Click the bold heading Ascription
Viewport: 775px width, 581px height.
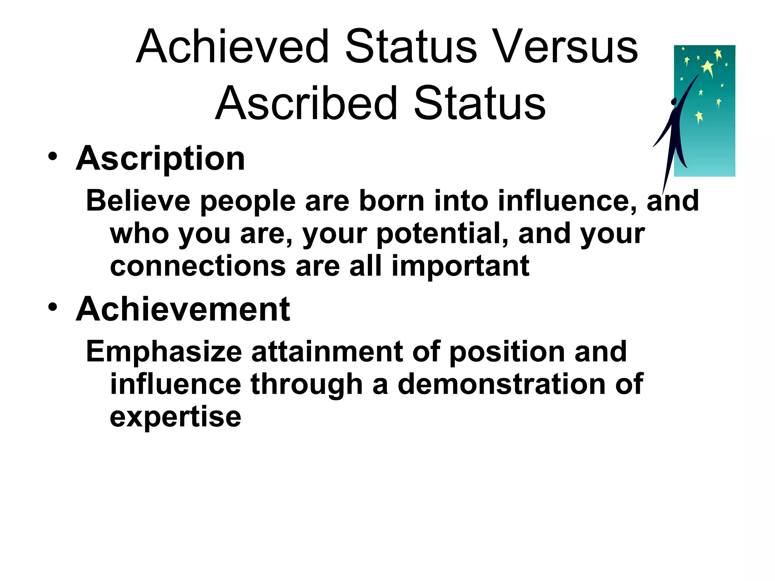pyautogui.click(x=160, y=159)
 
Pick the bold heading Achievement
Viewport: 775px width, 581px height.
pyautogui.click(x=183, y=309)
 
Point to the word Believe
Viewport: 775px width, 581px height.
pyautogui.click(x=138, y=200)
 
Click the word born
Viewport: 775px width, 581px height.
pyautogui.click(x=392, y=200)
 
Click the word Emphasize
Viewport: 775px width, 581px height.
pyautogui.click(x=164, y=352)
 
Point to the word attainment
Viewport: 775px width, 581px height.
pyautogui.click(x=327, y=351)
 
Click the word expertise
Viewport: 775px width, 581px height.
pyautogui.click(x=175, y=418)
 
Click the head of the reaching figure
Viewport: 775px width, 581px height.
pyautogui.click(x=674, y=102)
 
